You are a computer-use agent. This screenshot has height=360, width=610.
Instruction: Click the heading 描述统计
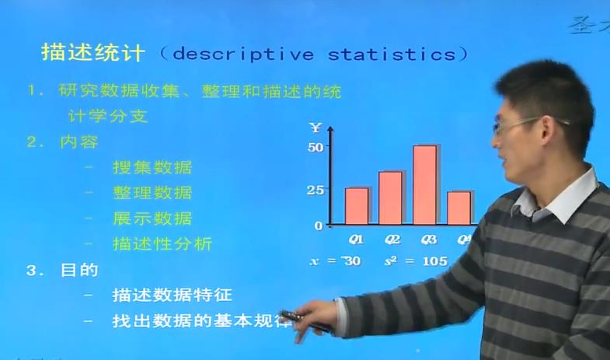click(x=92, y=53)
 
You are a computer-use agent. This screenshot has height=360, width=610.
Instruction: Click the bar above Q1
click(x=357, y=206)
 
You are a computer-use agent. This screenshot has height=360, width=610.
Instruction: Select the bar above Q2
click(x=390, y=198)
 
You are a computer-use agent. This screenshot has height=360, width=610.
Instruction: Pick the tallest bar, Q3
click(x=424, y=185)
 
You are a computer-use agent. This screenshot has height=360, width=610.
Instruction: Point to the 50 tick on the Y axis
click(x=315, y=146)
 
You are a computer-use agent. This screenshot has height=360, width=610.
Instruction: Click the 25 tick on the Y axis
click(x=315, y=189)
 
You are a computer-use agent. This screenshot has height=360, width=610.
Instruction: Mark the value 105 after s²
click(x=435, y=261)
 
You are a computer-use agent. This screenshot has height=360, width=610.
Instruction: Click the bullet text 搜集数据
click(x=152, y=167)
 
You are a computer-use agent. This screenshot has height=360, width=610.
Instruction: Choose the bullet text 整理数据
click(x=152, y=193)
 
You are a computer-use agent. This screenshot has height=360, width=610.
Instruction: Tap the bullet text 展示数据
click(x=152, y=218)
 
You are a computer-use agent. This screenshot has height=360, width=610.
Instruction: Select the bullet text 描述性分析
click(x=162, y=243)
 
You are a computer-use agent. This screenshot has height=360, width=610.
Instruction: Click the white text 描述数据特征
click(x=172, y=295)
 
